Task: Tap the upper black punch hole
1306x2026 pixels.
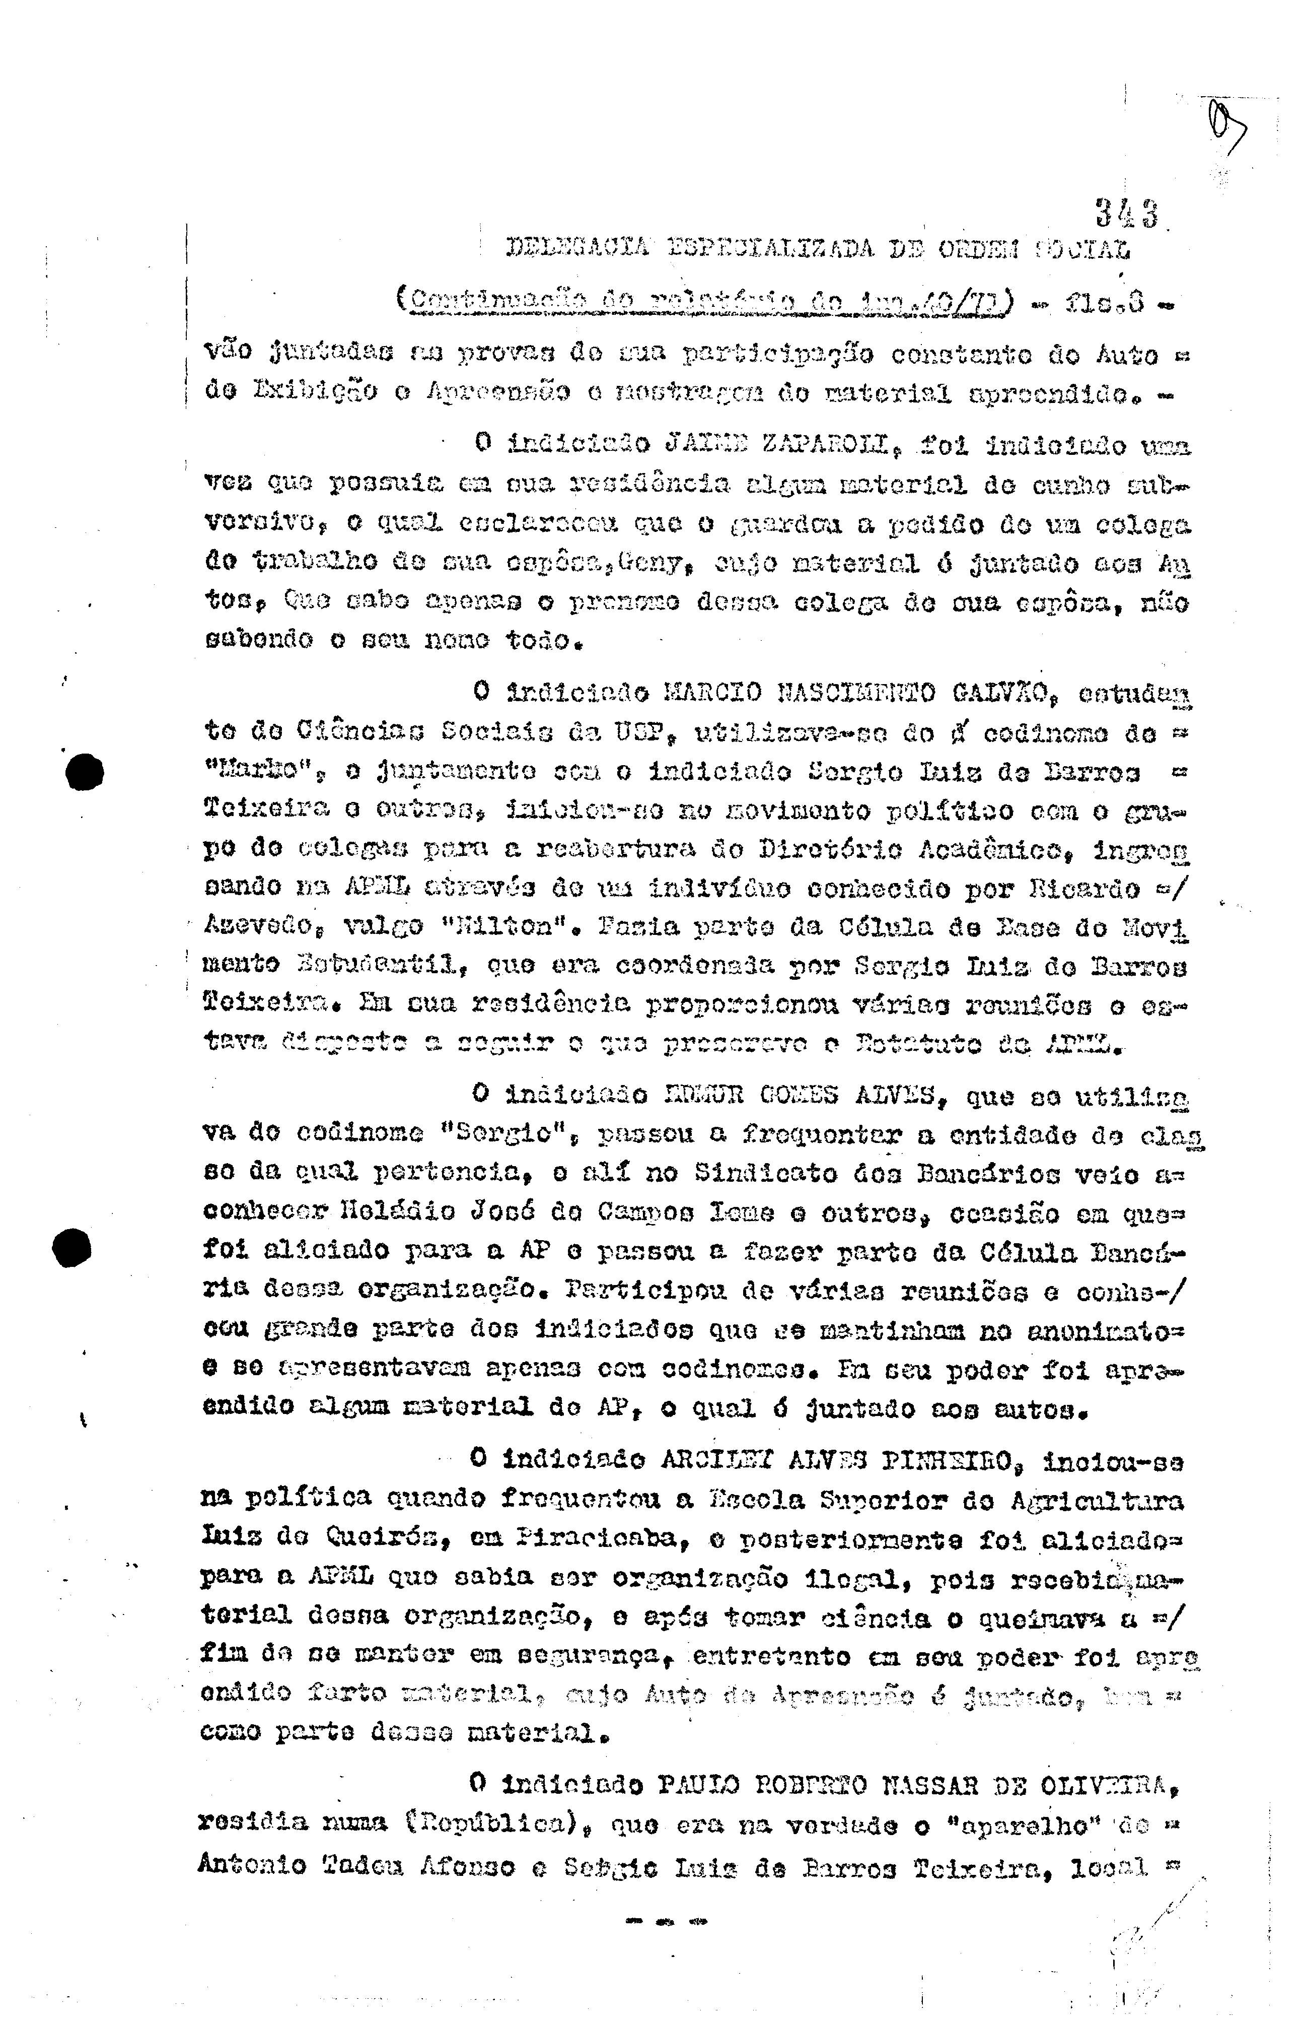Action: coord(85,772)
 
